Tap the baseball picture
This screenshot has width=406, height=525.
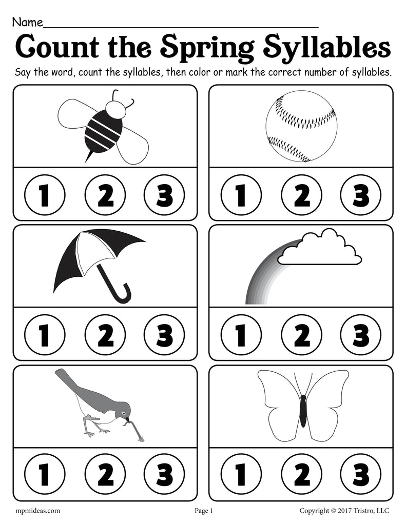[301, 127]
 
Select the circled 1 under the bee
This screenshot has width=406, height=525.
[44, 195]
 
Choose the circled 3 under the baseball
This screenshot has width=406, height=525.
[361, 195]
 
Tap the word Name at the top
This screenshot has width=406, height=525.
[28, 23]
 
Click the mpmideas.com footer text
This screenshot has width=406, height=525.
[38, 511]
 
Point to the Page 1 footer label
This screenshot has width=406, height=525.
[203, 511]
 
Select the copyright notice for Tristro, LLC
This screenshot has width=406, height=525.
[344, 511]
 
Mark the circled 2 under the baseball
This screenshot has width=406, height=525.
[301, 195]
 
